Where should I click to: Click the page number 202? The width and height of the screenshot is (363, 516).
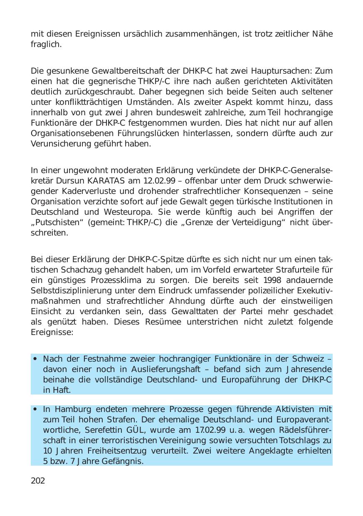click(x=38, y=481)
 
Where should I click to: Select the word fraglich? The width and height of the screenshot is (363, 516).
click(x=46, y=44)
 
